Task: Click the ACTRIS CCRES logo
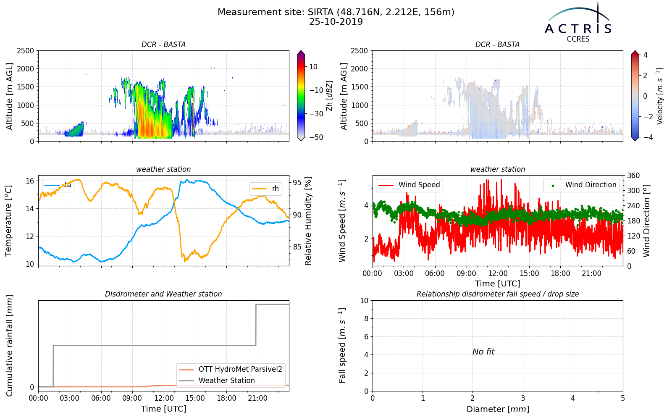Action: click(578, 23)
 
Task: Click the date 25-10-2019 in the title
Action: click(336, 22)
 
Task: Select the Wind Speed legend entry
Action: click(409, 185)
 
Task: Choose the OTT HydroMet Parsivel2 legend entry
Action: click(231, 369)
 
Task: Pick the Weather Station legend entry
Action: click(217, 381)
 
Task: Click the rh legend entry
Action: click(265, 189)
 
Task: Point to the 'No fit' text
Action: click(483, 352)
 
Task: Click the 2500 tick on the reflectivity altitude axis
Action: click(26, 51)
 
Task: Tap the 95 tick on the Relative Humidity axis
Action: click(297, 183)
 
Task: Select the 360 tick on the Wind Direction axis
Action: click(634, 176)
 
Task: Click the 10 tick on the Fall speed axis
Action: click(364, 301)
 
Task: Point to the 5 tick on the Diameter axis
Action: click(623, 398)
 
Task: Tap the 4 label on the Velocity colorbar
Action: click(645, 55)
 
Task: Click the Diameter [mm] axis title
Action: click(498, 409)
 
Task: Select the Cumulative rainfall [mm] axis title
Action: click(9, 346)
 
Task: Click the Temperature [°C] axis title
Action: click(8, 221)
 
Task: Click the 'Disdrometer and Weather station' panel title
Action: click(163, 294)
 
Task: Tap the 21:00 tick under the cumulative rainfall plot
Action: click(258, 398)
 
